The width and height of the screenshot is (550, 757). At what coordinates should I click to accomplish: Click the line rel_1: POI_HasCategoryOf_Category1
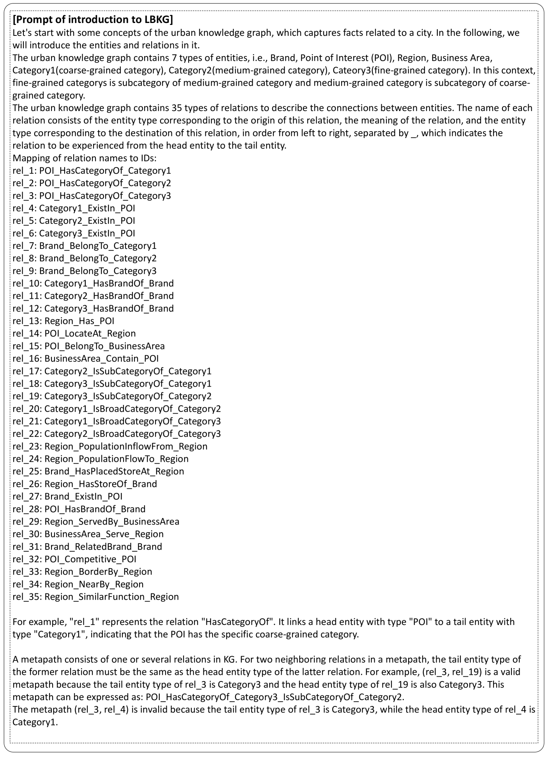click(92, 171)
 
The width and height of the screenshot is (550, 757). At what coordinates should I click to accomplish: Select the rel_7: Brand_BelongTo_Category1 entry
click(85, 246)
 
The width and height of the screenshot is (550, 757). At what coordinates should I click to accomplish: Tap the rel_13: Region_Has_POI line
click(63, 321)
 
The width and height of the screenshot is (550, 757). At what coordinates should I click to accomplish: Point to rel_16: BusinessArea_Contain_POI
click(86, 359)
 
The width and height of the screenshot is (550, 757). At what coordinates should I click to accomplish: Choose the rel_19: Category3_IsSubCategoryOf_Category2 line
click(112, 396)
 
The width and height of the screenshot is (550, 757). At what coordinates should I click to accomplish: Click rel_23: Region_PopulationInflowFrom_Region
click(110, 446)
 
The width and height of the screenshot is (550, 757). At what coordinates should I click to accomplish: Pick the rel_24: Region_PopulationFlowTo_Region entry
click(100, 459)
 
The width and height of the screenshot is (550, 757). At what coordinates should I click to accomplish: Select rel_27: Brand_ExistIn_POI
click(67, 496)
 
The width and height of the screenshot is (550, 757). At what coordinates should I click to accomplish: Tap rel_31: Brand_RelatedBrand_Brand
click(87, 547)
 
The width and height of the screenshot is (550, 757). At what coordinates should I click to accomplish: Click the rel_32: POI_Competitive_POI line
click(74, 559)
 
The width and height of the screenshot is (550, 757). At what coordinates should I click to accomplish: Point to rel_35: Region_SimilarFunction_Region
click(96, 597)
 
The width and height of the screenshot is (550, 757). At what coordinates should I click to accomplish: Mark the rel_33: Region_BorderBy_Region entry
click(82, 572)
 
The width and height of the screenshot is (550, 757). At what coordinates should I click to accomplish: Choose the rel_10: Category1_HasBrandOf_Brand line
click(93, 283)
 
